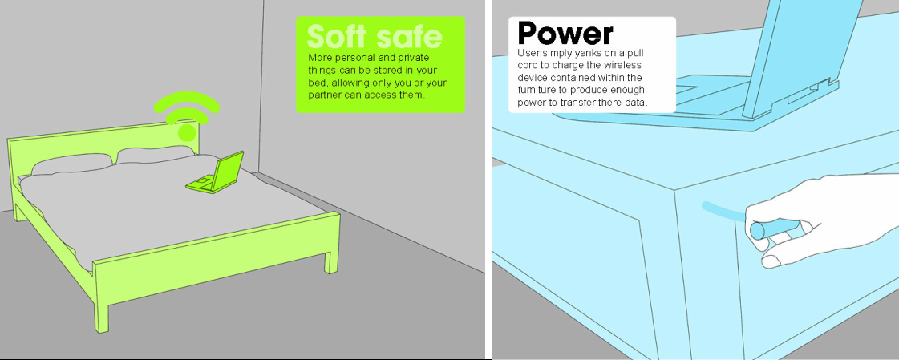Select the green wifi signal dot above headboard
coord(186,133)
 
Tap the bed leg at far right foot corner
coord(331,261)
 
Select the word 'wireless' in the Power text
coord(623,66)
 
